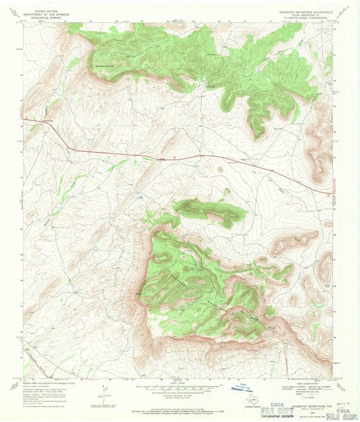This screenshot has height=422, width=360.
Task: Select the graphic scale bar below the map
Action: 178,388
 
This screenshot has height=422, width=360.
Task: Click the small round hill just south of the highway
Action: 220,169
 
